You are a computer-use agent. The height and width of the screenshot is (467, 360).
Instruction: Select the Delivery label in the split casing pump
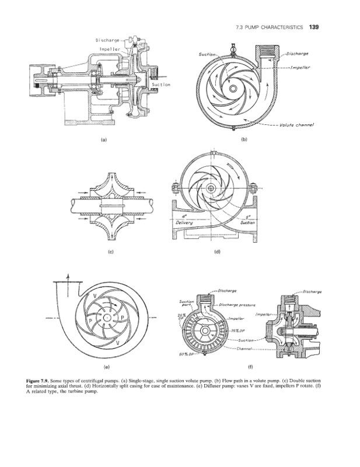184,222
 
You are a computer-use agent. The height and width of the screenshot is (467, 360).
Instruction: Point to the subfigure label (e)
106,367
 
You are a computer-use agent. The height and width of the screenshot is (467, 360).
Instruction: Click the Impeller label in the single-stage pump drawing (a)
109,50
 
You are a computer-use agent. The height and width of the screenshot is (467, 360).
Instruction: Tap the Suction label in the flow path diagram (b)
208,55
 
